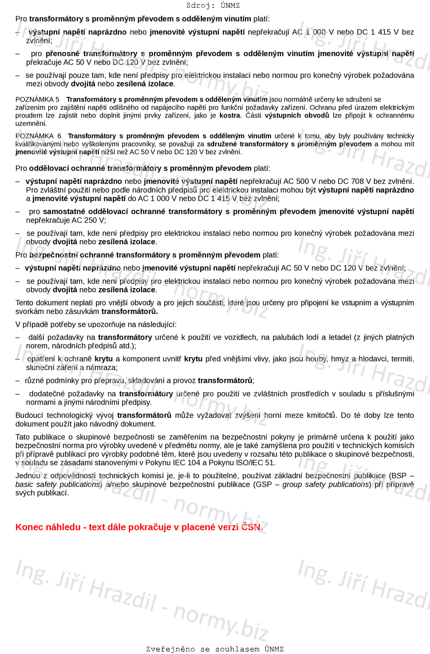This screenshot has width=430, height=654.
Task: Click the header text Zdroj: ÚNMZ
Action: point(213,6)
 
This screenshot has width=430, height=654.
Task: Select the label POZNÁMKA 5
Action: point(37,99)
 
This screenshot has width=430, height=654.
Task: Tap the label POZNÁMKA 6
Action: point(38,136)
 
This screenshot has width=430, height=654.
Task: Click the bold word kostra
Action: point(230,115)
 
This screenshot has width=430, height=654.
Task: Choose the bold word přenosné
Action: point(62,54)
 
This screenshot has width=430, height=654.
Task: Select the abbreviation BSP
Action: point(398,475)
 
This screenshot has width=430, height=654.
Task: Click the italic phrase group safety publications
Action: point(325,484)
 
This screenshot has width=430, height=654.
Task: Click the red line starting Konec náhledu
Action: point(139,527)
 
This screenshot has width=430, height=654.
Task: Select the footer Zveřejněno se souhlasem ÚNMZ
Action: point(215,649)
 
